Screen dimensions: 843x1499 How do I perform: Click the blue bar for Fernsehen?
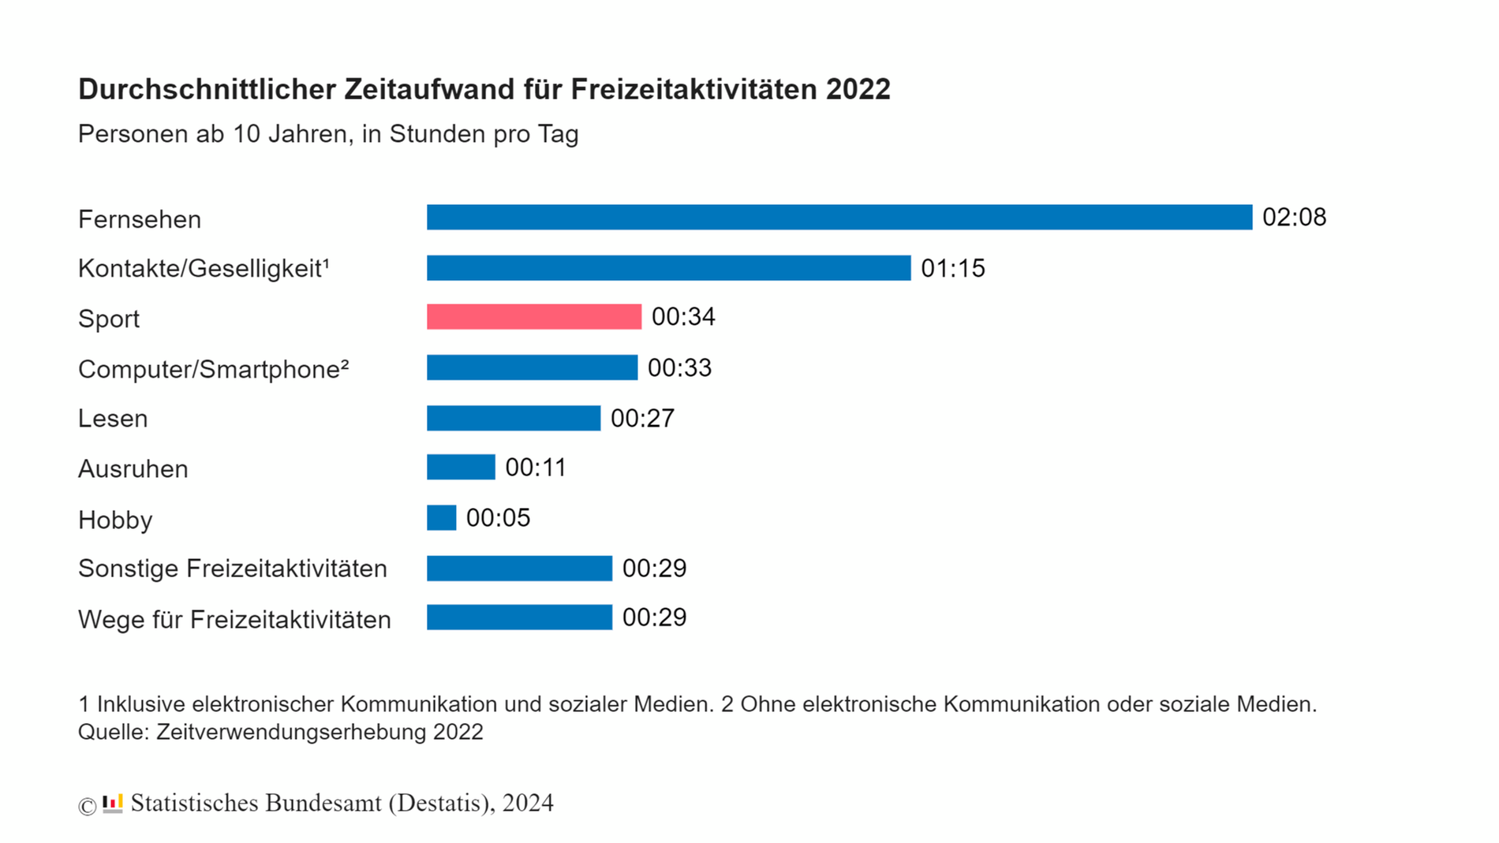coord(839,218)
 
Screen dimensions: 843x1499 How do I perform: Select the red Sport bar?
coord(534,317)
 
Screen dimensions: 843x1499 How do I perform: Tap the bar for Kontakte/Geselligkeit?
coord(668,268)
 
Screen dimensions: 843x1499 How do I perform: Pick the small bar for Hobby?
coord(441,518)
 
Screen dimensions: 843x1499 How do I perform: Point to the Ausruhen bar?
coord(461,468)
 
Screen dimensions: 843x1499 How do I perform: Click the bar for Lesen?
coord(514,418)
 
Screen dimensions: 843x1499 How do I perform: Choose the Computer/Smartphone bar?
coord(532,367)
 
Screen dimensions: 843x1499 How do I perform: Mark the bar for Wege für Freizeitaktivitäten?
coord(519,617)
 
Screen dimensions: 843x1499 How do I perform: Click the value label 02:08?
coord(1294,218)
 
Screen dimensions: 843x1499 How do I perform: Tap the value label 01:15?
coord(953,269)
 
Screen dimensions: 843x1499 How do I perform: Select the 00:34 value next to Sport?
coord(683,317)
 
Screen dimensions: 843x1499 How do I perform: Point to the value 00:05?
coord(498,518)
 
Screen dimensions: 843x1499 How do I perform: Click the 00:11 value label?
coord(536,468)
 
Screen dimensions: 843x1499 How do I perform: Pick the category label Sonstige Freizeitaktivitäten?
coord(232,569)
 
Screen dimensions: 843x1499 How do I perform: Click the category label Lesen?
coord(113,419)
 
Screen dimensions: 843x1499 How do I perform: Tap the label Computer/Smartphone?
coord(213,369)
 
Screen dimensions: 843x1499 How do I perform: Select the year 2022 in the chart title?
coord(858,90)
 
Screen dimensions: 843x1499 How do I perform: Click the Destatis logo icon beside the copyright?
coord(113,804)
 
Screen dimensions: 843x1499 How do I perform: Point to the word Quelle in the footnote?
coord(113,732)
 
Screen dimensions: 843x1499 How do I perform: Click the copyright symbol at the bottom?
coord(87,806)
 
